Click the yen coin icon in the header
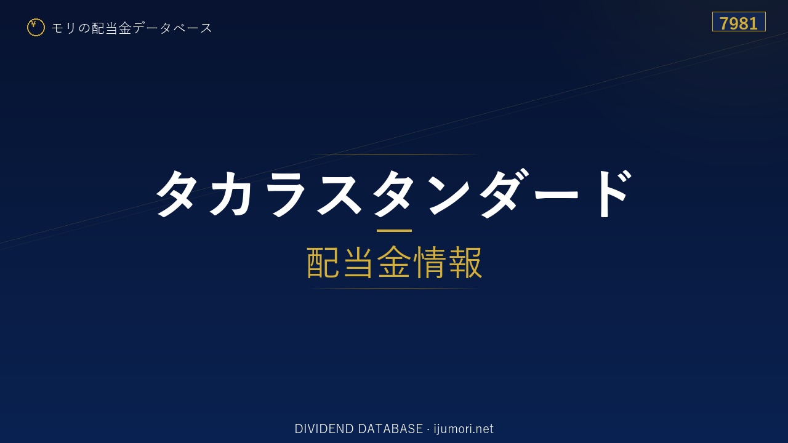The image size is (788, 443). (x=36, y=28)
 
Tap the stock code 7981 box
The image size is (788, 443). (x=739, y=22)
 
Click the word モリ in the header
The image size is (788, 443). (x=63, y=28)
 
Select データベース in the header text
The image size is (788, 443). (x=172, y=28)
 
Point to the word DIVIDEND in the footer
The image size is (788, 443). (x=324, y=429)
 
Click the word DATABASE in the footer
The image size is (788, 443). (x=390, y=429)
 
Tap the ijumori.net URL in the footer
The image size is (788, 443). (x=464, y=429)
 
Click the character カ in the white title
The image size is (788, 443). (x=230, y=193)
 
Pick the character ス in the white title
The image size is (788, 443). (x=339, y=194)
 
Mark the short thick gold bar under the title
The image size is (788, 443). (x=394, y=231)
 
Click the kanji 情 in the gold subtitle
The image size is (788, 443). (x=430, y=262)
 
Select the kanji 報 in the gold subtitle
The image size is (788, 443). (x=465, y=262)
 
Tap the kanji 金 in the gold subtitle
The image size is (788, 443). (x=394, y=262)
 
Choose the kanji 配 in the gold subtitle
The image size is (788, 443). (x=323, y=262)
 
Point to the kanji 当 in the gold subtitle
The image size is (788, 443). (x=358, y=262)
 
